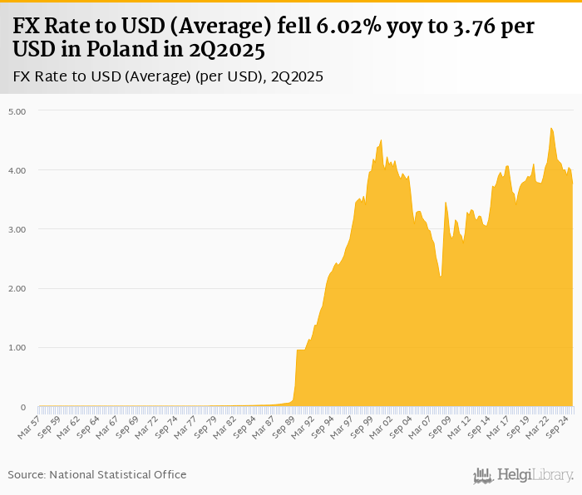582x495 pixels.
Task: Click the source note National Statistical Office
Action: tap(118, 474)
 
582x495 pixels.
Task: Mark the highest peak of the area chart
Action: tap(551, 128)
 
